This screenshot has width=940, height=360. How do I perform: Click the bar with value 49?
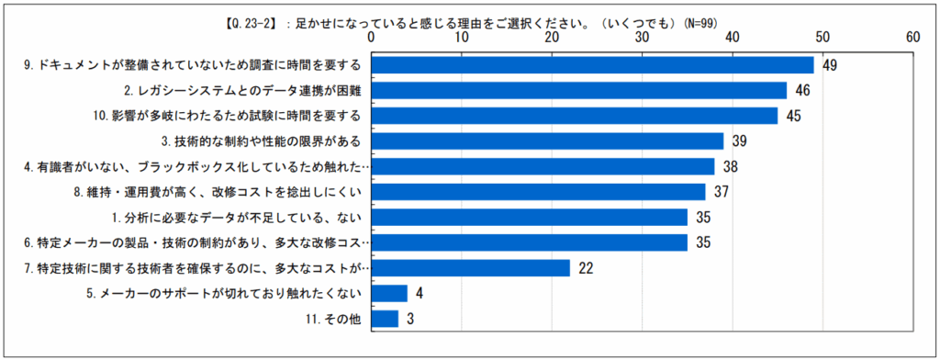[x=592, y=65]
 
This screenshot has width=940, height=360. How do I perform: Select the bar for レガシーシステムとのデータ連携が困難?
[x=578, y=90]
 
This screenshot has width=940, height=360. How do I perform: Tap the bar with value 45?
[x=574, y=116]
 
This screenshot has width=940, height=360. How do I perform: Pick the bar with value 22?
[x=470, y=267]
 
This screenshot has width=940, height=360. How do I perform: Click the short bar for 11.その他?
[x=385, y=319]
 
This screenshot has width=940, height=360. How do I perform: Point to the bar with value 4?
[x=389, y=293]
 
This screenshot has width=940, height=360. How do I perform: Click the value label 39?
[x=738, y=141]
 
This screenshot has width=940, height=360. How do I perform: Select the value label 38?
[x=729, y=166]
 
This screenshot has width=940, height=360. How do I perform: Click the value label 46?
[x=801, y=91]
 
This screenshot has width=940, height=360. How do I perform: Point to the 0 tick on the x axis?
[x=371, y=38]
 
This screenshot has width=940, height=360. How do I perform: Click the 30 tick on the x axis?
[x=642, y=38]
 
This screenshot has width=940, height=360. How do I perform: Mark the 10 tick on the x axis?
[x=461, y=38]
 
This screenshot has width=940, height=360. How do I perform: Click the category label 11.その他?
[x=336, y=319]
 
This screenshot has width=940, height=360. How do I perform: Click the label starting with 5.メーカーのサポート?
[x=241, y=293]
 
